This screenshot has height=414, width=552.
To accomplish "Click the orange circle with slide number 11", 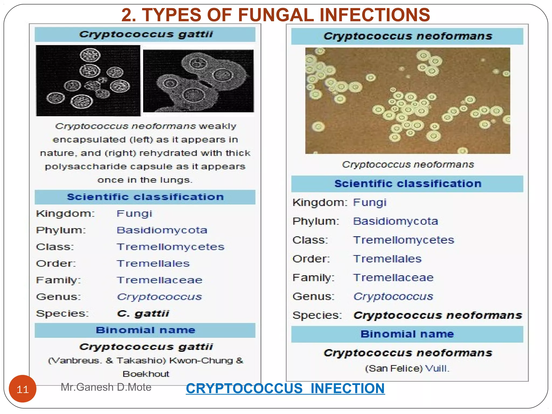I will point(22,389).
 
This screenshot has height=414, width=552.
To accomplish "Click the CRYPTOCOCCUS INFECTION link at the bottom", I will point(285,389).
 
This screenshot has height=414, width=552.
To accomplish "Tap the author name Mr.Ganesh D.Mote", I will point(106,387).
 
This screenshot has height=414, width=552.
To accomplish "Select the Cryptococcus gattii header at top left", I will point(146,34).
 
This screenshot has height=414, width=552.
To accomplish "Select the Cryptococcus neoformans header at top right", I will point(408,36).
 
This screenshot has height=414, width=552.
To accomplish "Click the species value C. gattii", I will point(143,313).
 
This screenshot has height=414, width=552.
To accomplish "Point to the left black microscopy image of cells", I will point(88,81).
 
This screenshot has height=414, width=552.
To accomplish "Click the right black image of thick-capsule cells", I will point(198,81).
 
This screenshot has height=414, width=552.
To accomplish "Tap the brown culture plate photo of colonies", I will point(408,101).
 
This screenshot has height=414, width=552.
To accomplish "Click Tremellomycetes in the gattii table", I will point(170,247).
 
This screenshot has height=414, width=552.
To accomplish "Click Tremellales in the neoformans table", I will point(387,259).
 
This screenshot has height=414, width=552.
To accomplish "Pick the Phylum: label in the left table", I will point(61,230).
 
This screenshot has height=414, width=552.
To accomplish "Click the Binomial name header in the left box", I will point(146,330).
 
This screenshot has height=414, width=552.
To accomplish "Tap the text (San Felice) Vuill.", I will point(407,368).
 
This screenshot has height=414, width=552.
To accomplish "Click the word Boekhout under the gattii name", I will point(146,374).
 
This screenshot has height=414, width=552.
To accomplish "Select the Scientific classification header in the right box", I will point(408,184).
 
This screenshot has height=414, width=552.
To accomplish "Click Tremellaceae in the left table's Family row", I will point(160,280).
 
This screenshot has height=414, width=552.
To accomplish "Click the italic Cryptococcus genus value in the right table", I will point(393,296).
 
